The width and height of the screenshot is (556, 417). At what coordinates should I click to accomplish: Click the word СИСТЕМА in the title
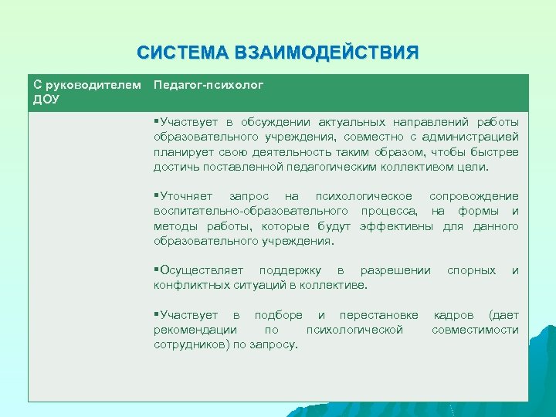tap(181, 53)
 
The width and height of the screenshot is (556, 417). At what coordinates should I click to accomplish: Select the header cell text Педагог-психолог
tap(208, 84)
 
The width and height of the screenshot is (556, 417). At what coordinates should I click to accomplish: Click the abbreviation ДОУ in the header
tap(46, 99)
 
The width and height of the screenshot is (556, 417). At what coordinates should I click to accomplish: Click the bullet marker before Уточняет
tap(156, 196)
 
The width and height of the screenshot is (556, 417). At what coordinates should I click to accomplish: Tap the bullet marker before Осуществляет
tap(156, 270)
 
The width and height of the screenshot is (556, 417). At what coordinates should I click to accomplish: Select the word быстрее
tap(497, 151)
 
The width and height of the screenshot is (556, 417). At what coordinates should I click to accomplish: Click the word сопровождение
tap(474, 196)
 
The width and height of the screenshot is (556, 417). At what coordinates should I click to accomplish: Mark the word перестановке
tap(378, 315)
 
